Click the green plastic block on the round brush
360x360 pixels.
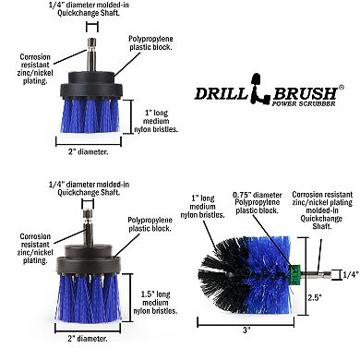pos(294,274)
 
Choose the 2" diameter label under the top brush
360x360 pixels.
pos(84,151)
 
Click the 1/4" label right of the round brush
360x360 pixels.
pos(348,274)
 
